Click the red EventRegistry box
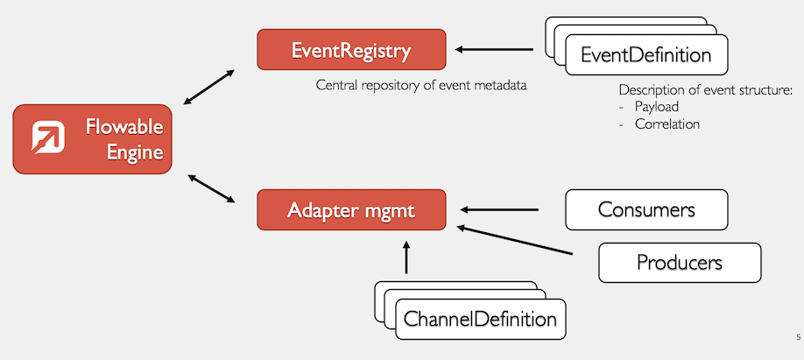[351, 50]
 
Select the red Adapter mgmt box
[351, 210]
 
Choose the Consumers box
[646, 210]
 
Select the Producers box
[679, 263]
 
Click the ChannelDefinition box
[479, 319]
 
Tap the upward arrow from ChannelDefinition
[406, 259]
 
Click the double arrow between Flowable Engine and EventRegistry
[209, 88]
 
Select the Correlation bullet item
[666, 124]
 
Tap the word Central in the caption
[339, 86]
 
